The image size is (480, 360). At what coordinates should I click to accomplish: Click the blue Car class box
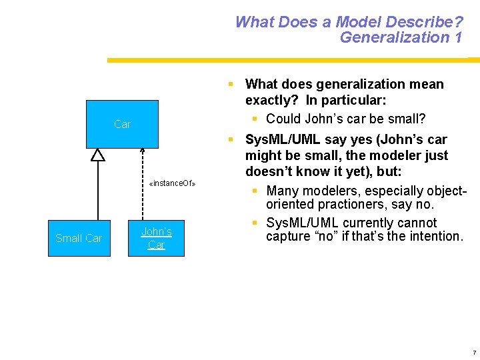(122, 124)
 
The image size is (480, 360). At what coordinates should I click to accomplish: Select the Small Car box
(79, 238)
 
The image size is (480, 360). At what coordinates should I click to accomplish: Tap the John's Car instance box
(156, 238)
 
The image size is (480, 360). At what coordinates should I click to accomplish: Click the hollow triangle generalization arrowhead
(98, 155)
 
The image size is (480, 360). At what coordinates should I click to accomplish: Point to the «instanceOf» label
(172, 183)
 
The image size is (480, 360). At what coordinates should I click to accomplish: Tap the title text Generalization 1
(401, 37)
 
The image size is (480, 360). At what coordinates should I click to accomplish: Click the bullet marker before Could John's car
(255, 119)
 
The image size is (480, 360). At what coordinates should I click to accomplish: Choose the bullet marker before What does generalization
(230, 85)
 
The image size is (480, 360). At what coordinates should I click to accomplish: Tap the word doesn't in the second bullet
(269, 172)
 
